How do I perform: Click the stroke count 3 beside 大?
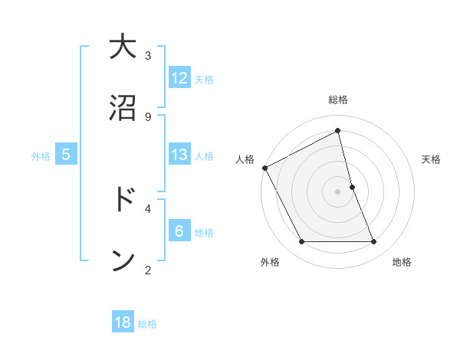[x=148, y=55]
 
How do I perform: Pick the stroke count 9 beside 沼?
[x=148, y=116]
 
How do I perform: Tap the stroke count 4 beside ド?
[x=148, y=208]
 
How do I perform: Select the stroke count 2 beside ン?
[x=148, y=269]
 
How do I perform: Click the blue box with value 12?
[x=179, y=78]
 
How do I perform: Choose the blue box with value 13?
[x=179, y=155]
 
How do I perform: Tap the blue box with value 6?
[x=179, y=231]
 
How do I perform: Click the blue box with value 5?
[x=66, y=155]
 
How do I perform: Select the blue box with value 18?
[x=123, y=322]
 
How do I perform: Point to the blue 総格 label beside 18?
[x=147, y=324]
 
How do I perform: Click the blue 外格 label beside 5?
[x=41, y=156]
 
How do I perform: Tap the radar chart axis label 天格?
[x=432, y=159]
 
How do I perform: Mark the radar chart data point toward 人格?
[x=265, y=168]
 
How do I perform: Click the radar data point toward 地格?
[x=373, y=242]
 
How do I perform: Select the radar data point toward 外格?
[x=301, y=242]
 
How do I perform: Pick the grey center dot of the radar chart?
[x=337, y=191]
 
